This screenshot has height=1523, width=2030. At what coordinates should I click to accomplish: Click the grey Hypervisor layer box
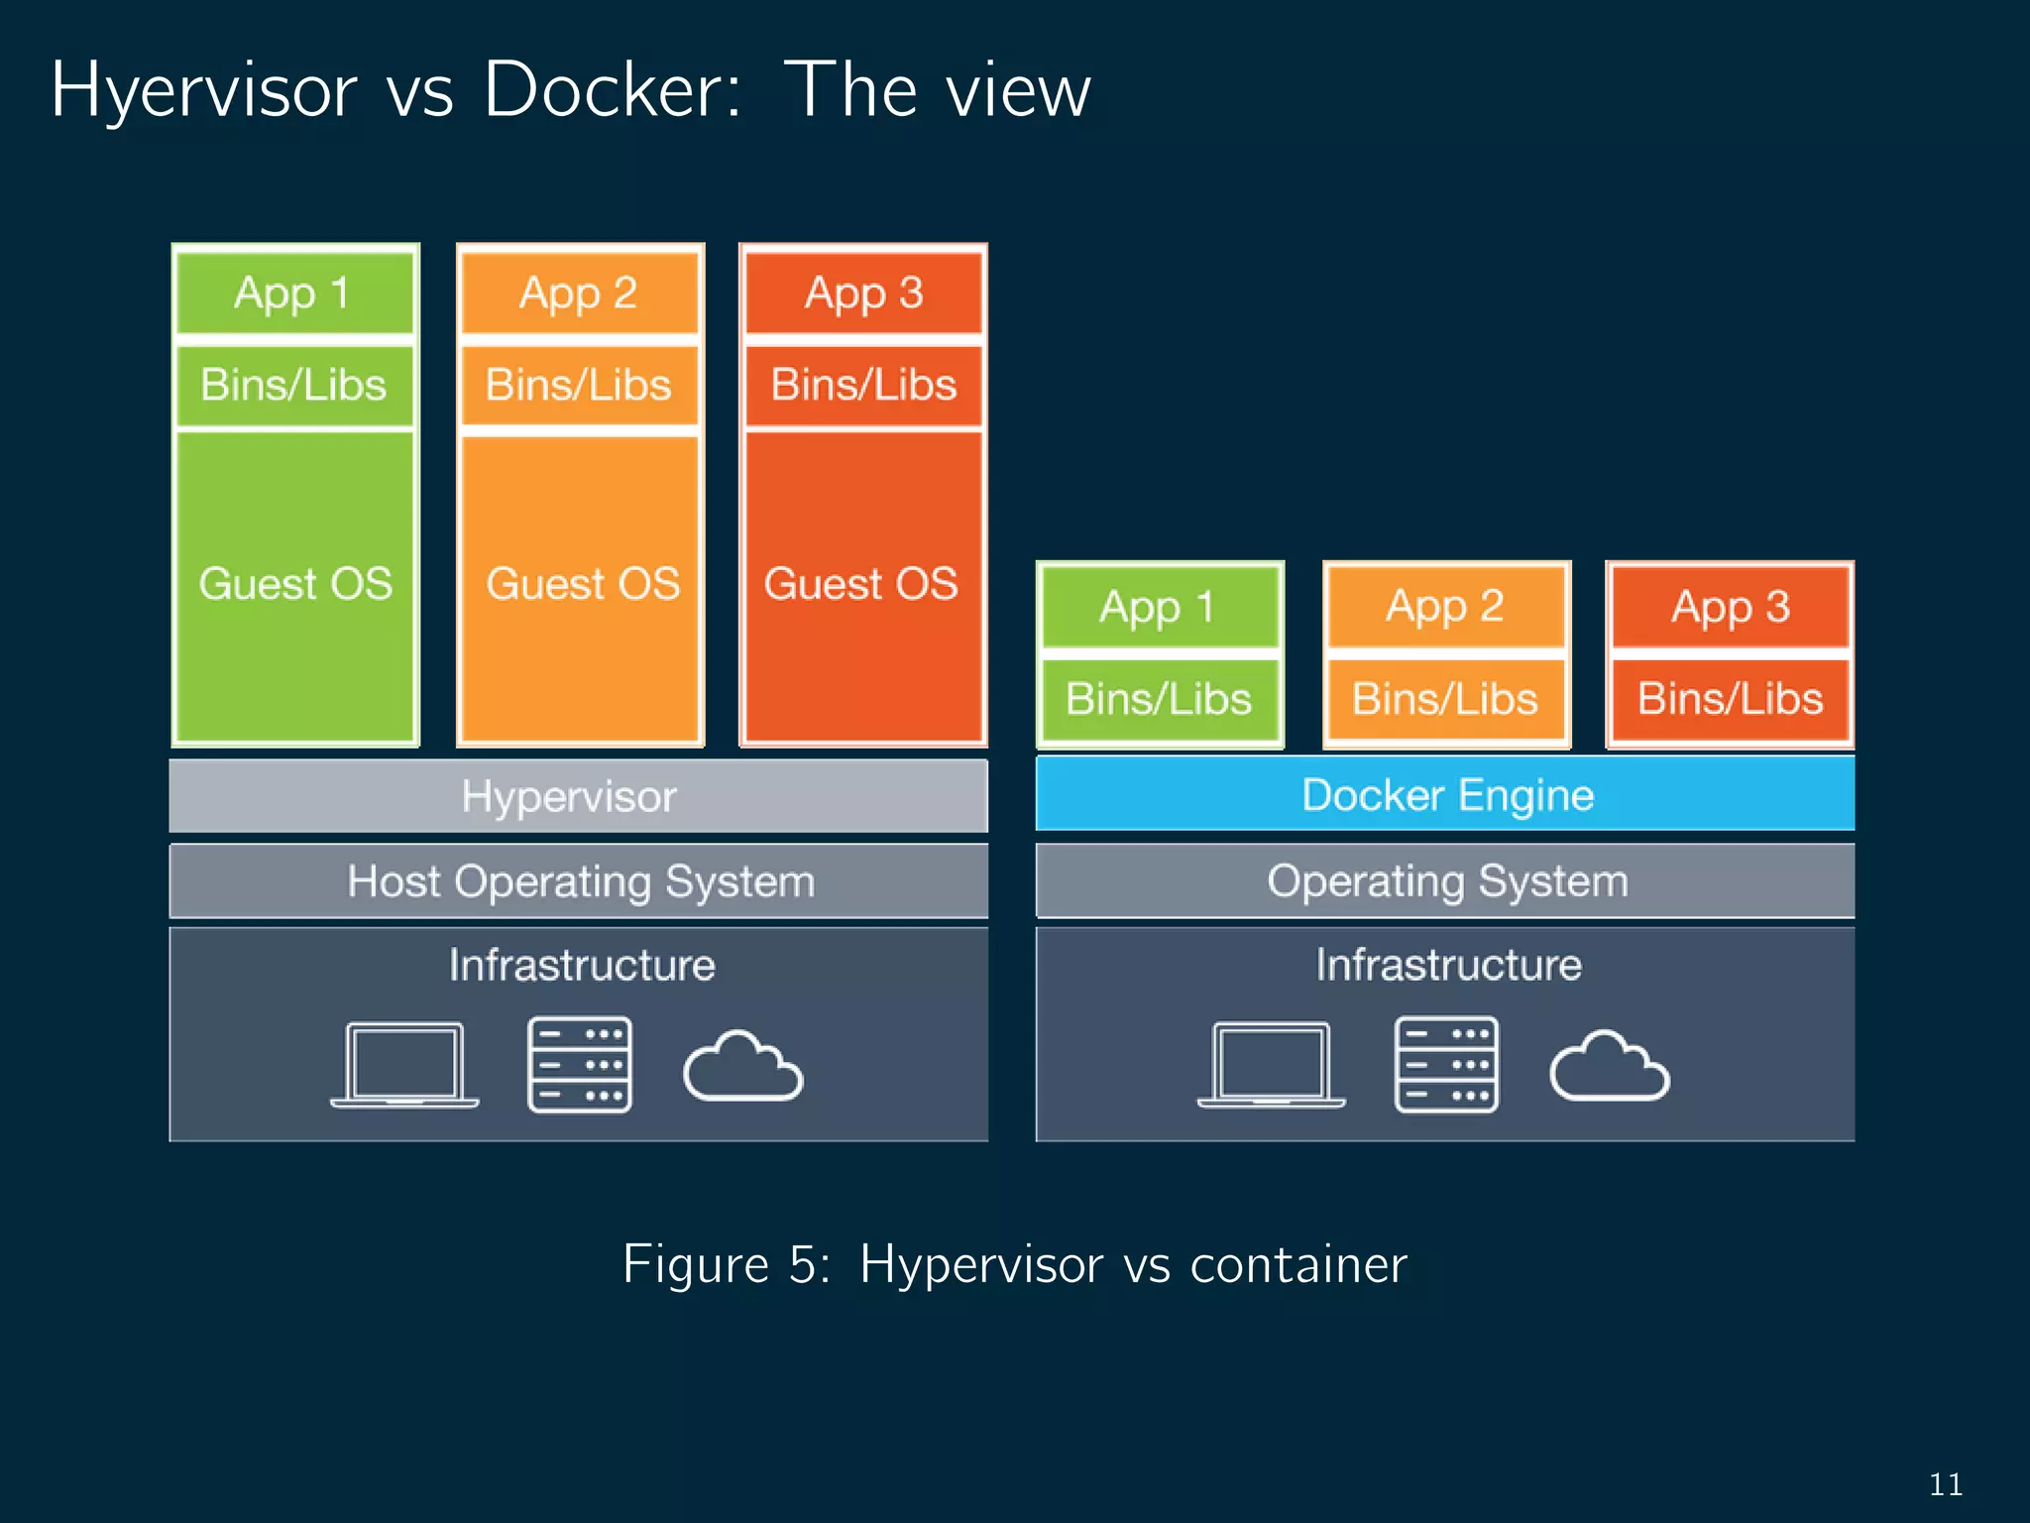coord(578,796)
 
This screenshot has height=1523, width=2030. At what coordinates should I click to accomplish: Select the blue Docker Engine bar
coord(1445,794)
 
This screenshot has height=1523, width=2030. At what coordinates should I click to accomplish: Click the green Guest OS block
coord(295,585)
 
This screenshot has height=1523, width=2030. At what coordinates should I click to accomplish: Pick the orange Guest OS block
coord(581,585)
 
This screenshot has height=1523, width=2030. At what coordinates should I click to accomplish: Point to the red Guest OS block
coord(863,585)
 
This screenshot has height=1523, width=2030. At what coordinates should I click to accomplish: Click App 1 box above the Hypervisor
coord(294,293)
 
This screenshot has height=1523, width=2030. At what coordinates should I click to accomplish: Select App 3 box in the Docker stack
coord(1730,607)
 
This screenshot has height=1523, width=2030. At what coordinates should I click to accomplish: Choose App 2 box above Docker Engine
coord(1445,607)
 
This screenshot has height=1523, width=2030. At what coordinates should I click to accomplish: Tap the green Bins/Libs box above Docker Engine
coord(1159,699)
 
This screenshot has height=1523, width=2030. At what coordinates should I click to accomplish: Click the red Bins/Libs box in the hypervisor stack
coord(863,385)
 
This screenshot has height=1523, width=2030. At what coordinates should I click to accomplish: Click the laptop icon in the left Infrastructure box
coord(404,1065)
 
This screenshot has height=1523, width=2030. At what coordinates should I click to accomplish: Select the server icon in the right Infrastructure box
coord(1446,1065)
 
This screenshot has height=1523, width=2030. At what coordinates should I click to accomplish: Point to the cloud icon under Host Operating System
coord(742,1067)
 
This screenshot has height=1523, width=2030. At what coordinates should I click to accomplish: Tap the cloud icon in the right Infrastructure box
coord(1609,1067)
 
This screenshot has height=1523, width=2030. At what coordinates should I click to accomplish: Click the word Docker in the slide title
coord(611,91)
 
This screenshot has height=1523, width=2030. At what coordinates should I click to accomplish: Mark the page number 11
coord(1946,1484)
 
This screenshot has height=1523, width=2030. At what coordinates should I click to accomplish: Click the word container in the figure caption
coord(1298,1265)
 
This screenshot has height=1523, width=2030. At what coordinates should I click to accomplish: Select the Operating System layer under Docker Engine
coord(1445,881)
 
